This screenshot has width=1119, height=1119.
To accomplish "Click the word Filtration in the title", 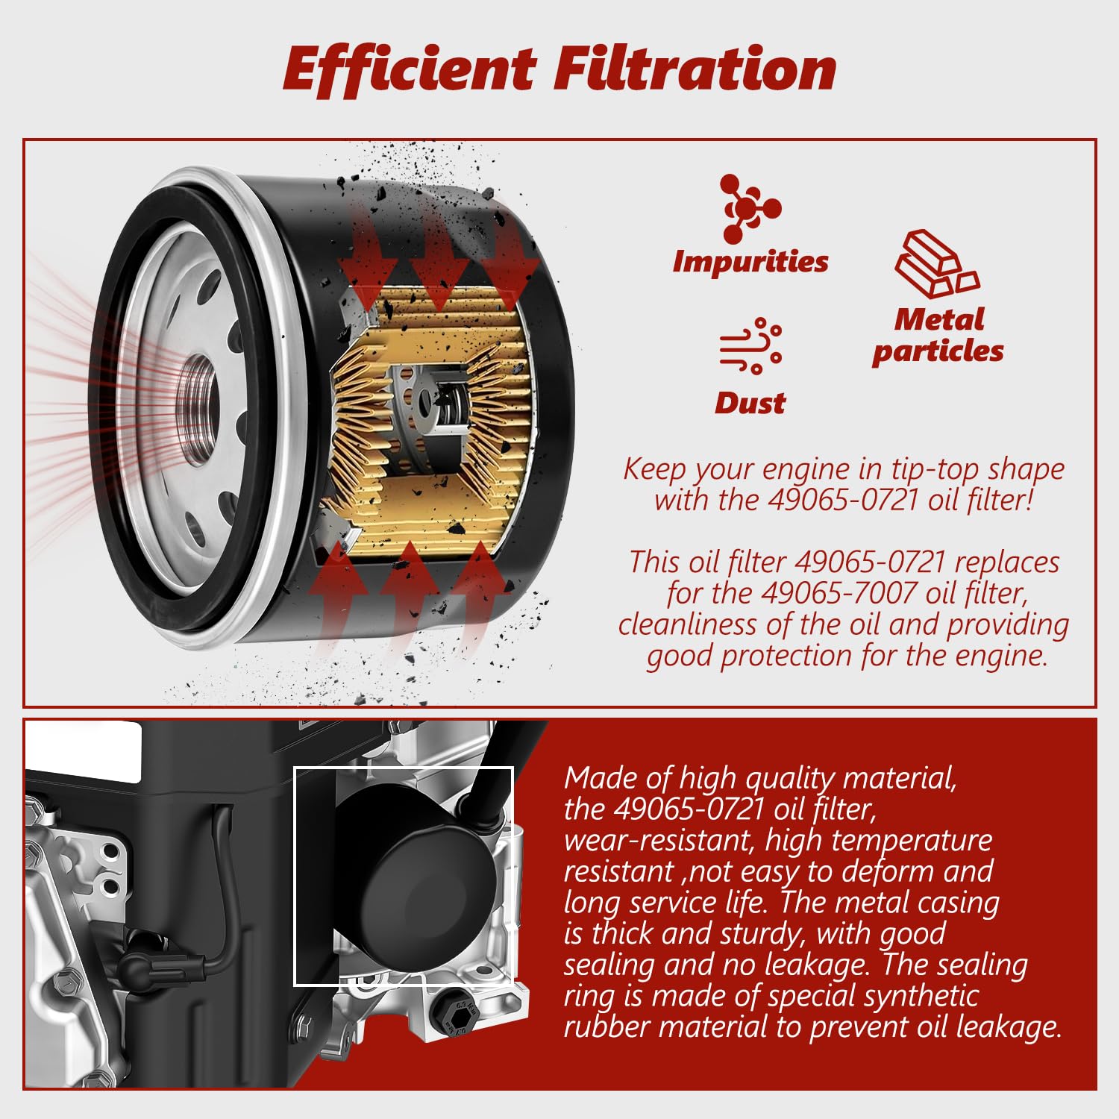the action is (x=695, y=69).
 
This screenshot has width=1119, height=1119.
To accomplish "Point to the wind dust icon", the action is (x=750, y=345).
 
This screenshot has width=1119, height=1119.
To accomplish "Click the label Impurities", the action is (x=750, y=261).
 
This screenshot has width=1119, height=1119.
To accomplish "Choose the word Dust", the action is (x=750, y=403).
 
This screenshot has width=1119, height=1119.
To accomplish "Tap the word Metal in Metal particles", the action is (x=939, y=319).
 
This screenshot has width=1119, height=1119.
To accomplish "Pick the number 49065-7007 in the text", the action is (x=839, y=593).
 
